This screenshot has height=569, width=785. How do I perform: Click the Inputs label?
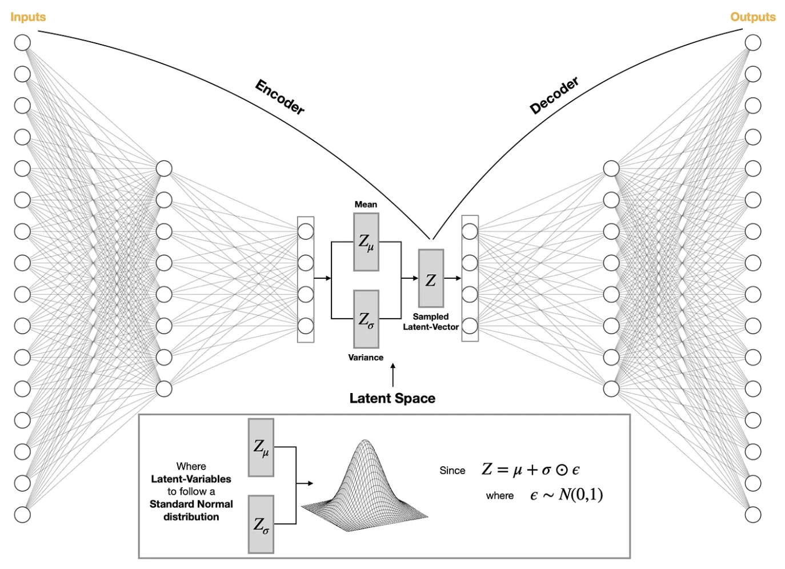[28, 17]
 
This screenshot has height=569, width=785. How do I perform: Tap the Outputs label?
[752, 17]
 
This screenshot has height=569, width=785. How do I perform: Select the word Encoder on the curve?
[280, 97]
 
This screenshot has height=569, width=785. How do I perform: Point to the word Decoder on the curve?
[554, 95]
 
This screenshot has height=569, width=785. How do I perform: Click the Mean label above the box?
[366, 205]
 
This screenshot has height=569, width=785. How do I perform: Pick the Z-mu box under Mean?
[366, 242]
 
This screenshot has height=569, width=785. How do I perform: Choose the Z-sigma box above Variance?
[366, 319]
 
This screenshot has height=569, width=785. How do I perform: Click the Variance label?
[366, 358]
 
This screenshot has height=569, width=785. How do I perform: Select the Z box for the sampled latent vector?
[431, 279]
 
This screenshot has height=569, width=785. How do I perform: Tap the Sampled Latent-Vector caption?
[431, 322]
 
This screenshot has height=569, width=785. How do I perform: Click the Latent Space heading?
[392, 398]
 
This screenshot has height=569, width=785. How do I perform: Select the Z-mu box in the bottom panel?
[261, 447]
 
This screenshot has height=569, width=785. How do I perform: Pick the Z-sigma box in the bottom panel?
[261, 524]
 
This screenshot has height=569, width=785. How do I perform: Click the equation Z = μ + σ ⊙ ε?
[531, 470]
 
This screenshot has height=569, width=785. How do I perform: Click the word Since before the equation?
[452, 471]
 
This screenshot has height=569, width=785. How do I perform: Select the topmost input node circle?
[22, 43]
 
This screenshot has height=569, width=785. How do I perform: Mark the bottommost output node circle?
[753, 515]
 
